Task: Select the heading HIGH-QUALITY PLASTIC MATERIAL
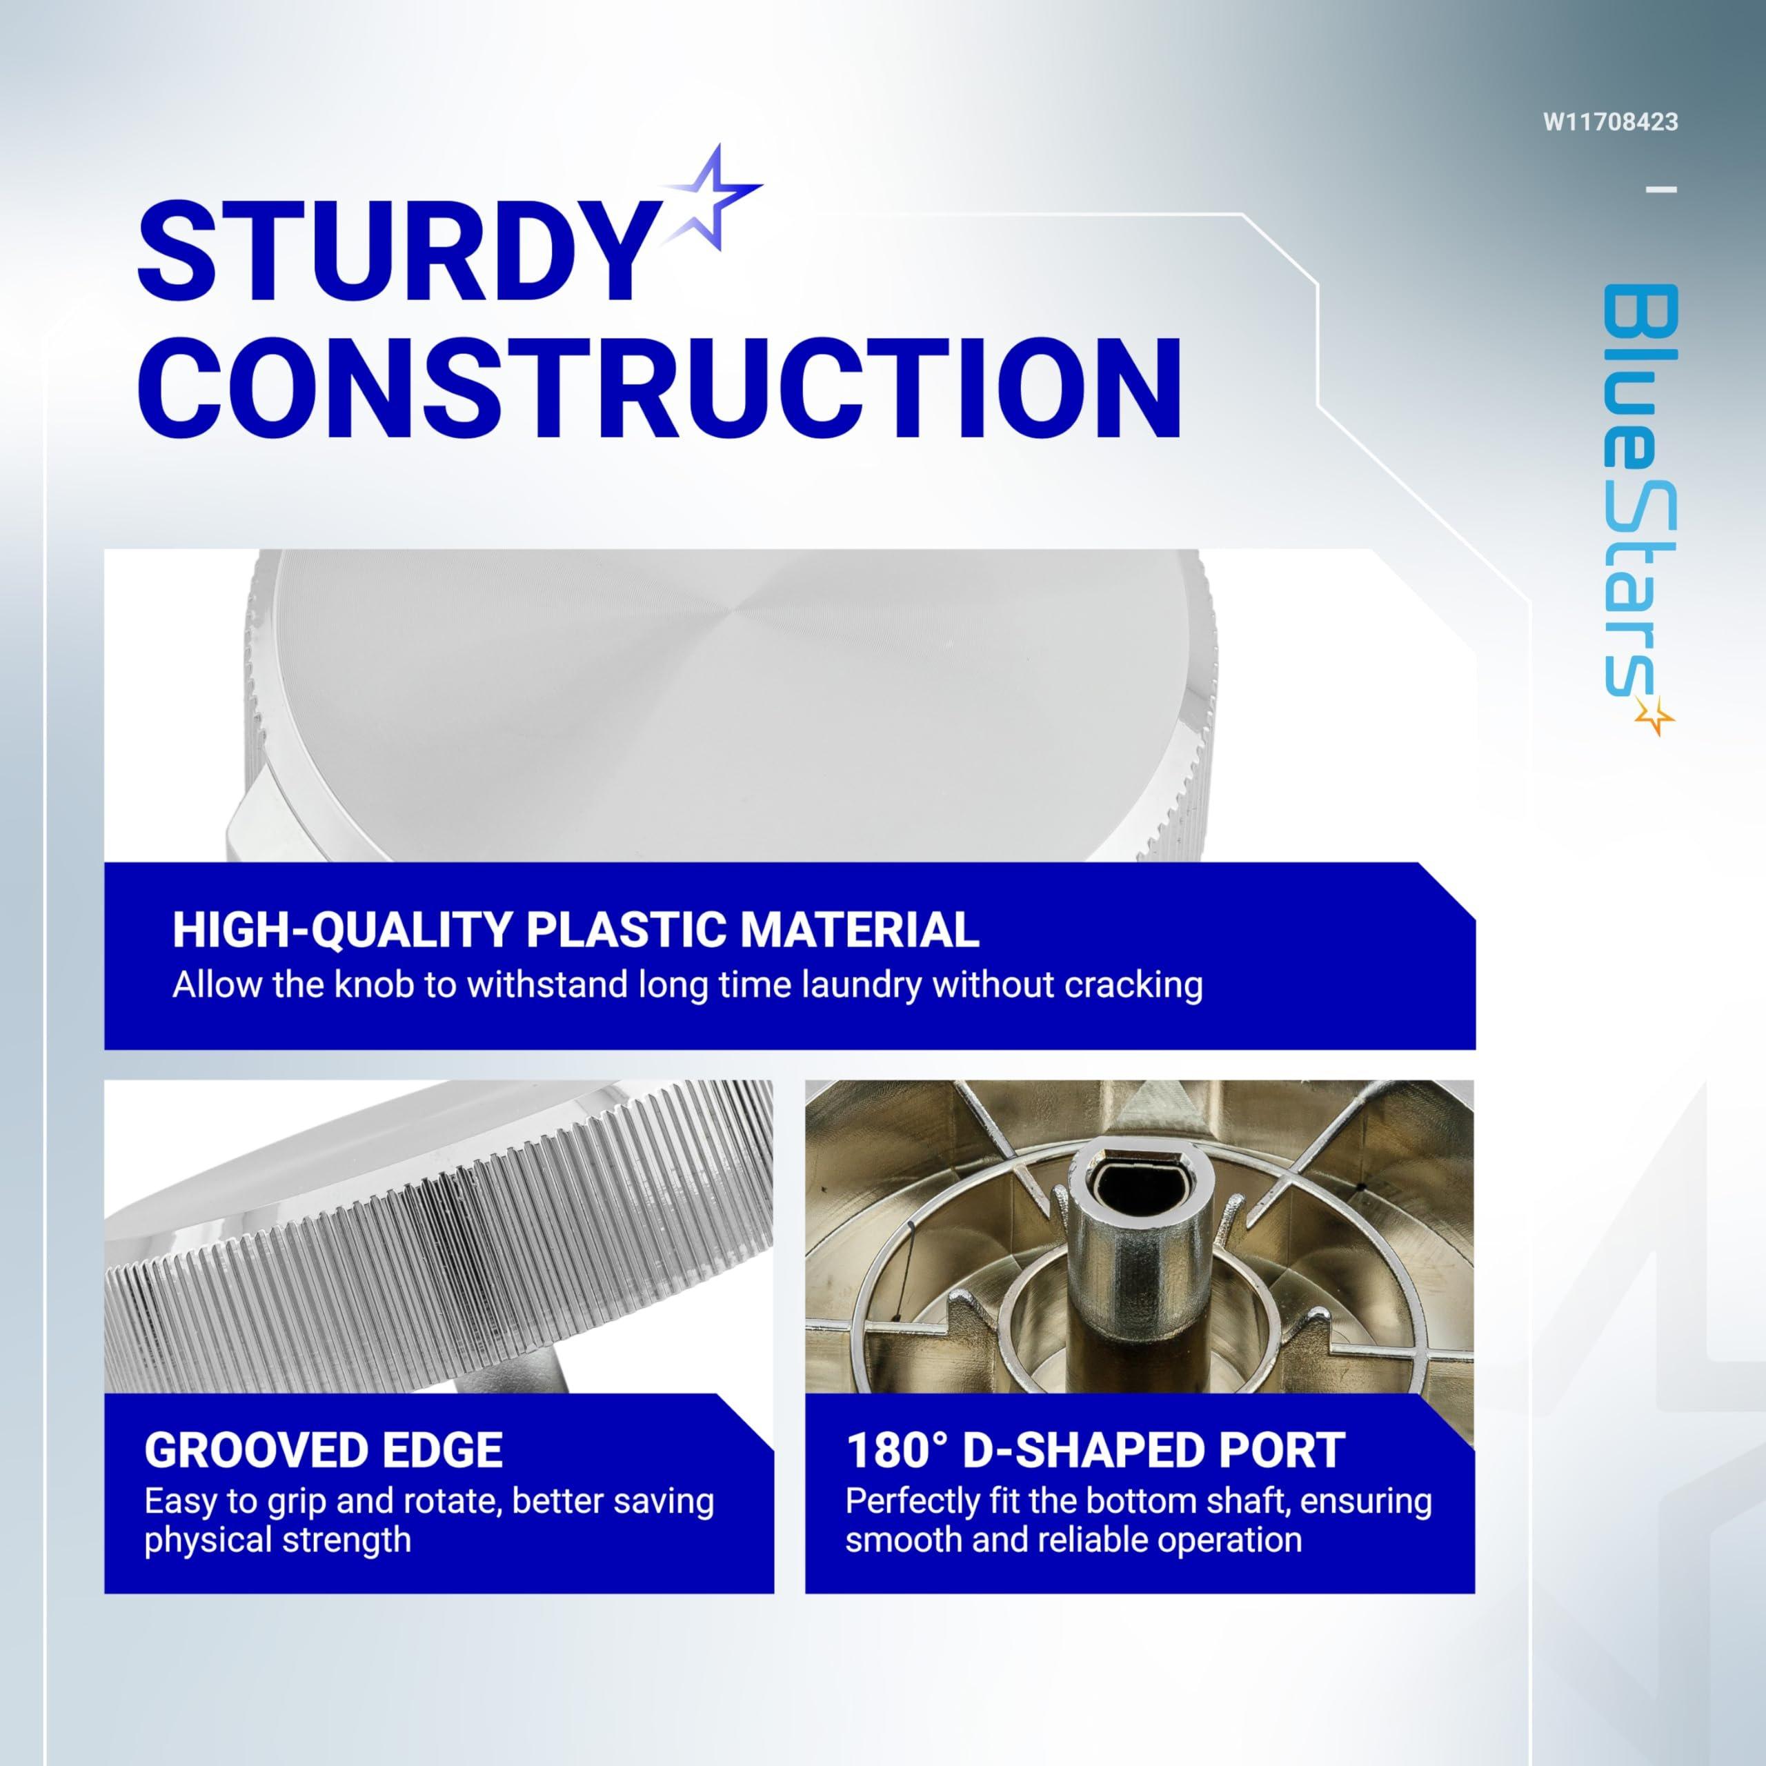(576, 930)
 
